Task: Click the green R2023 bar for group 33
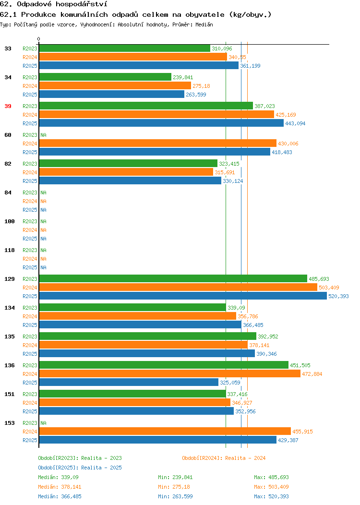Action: (x=125, y=48)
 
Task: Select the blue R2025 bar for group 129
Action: (x=183, y=296)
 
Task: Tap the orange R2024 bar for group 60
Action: (x=158, y=144)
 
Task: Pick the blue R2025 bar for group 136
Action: (x=129, y=382)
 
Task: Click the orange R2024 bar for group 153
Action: (x=165, y=431)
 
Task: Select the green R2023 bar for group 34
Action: (x=105, y=77)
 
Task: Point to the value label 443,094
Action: (x=295, y=123)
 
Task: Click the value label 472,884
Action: (x=312, y=374)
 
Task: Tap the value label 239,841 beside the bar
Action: (x=183, y=77)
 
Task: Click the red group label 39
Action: (x=8, y=106)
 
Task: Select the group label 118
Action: (x=10, y=250)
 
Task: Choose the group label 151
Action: (x=10, y=394)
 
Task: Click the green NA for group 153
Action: (x=44, y=423)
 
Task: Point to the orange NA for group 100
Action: (x=44, y=230)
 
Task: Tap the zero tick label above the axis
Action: (x=39, y=39)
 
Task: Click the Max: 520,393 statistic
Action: (x=272, y=496)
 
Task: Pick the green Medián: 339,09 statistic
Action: (x=58, y=477)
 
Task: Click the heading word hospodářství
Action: (x=82, y=4)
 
